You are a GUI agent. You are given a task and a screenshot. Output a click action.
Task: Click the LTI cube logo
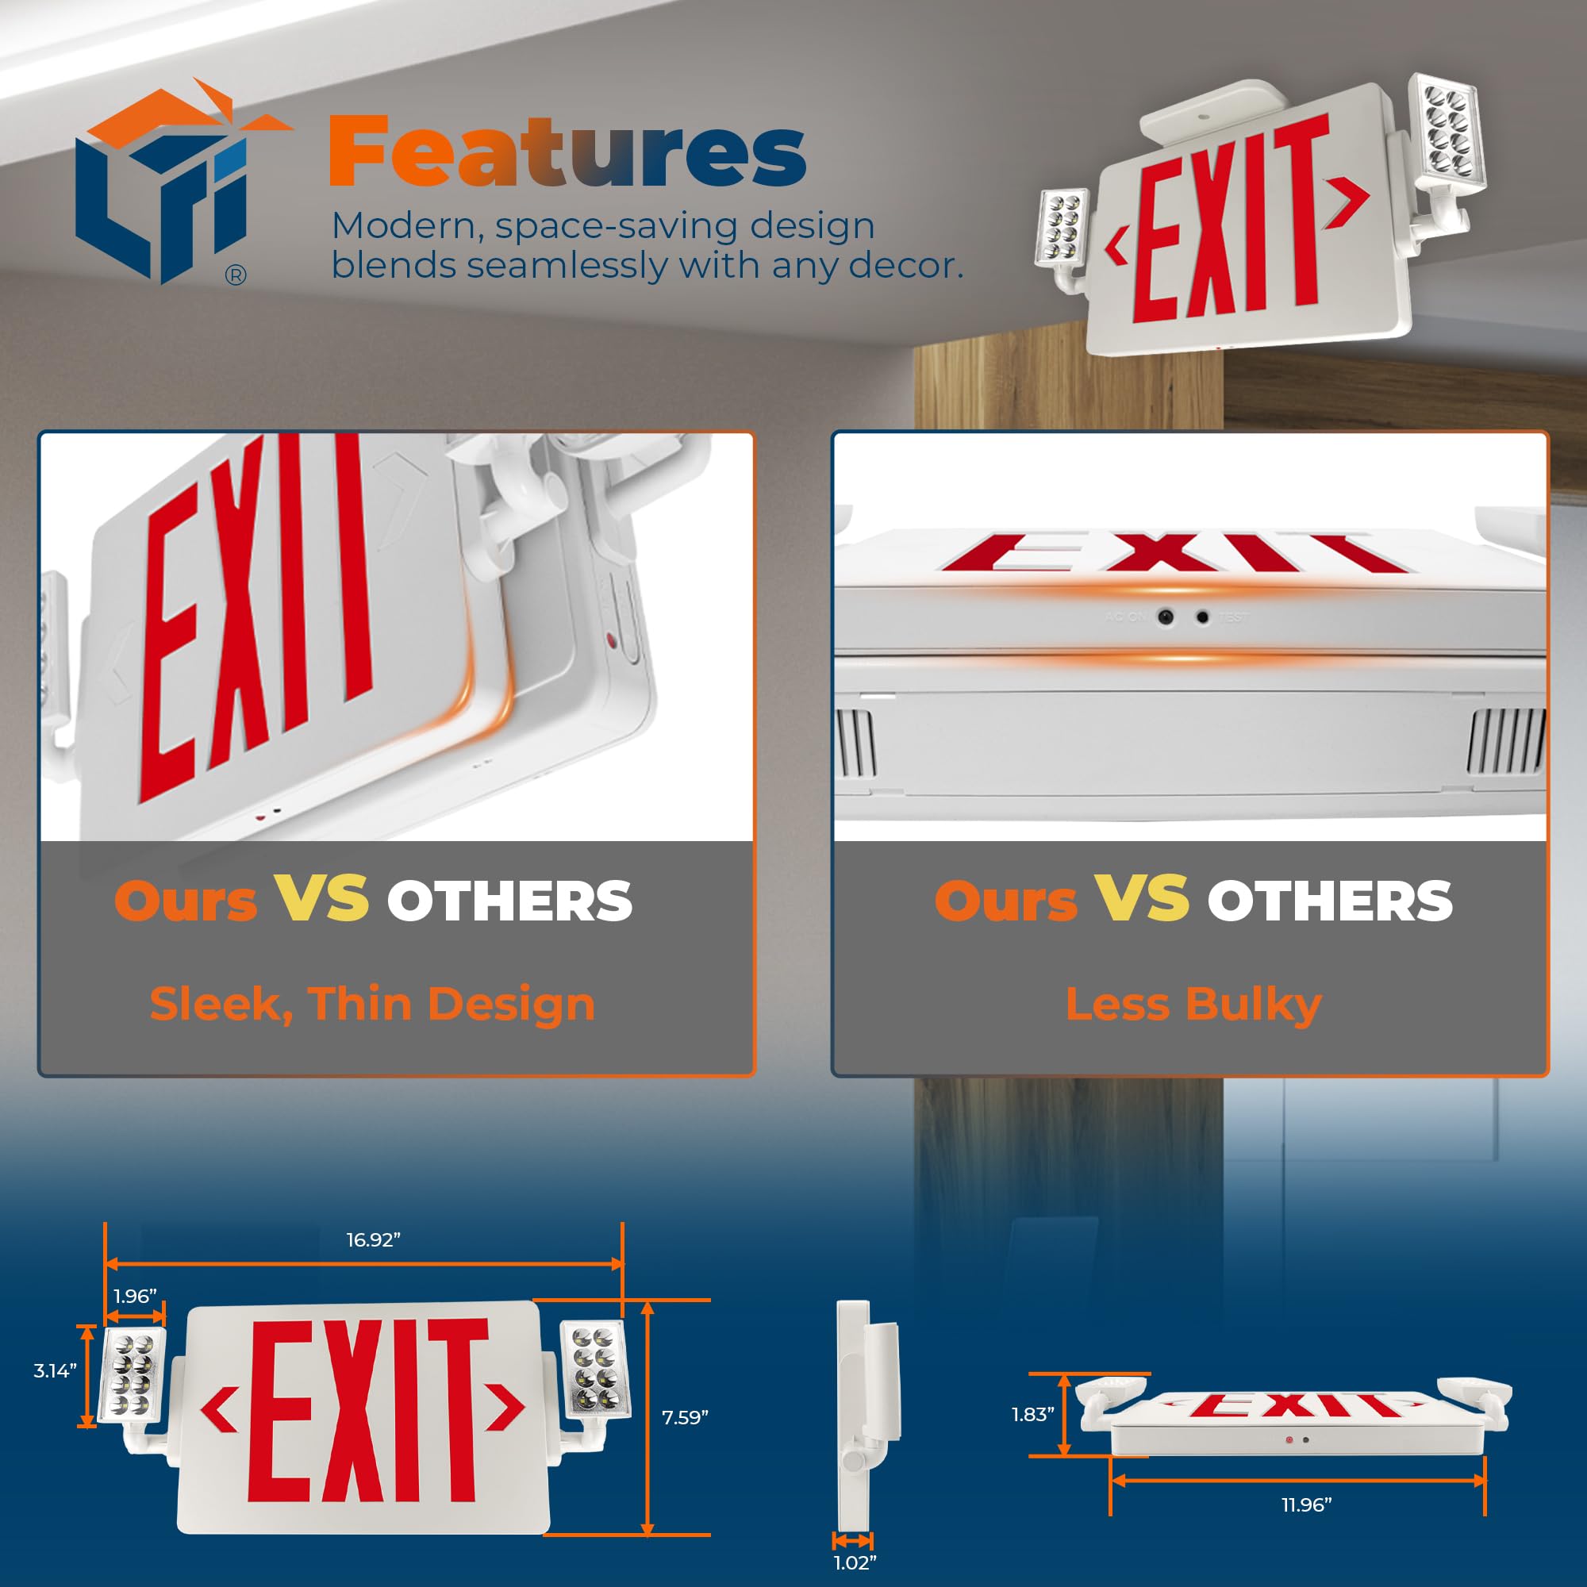click(164, 185)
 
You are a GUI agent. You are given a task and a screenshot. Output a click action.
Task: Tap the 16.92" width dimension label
click(373, 1240)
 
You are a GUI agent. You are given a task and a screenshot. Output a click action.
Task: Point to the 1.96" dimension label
click(135, 1297)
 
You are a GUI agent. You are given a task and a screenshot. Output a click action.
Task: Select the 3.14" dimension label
click(55, 1370)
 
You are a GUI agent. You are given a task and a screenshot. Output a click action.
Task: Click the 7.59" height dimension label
click(685, 1417)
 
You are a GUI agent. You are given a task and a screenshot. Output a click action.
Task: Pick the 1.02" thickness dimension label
click(855, 1562)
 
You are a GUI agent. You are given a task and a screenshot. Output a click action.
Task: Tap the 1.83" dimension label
click(1032, 1415)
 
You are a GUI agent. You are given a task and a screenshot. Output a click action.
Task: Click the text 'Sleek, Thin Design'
click(372, 1004)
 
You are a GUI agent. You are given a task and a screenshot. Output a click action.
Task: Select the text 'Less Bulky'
click(1193, 1004)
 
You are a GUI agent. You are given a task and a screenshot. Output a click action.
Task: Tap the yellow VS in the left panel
click(321, 899)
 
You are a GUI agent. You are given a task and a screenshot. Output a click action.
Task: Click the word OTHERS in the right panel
click(1330, 901)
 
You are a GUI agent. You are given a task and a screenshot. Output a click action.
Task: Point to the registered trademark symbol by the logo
click(235, 276)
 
